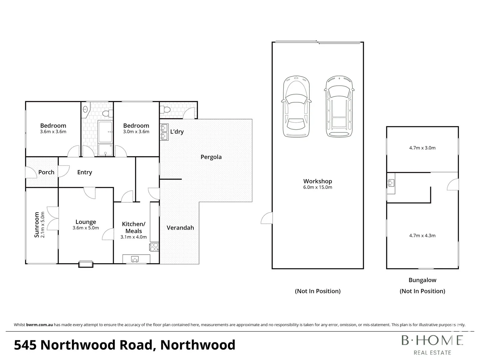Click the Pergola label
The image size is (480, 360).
click(x=211, y=157)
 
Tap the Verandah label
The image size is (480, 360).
click(x=180, y=228)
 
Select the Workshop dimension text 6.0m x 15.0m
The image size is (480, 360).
click(x=318, y=187)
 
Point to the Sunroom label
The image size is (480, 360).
click(x=37, y=225)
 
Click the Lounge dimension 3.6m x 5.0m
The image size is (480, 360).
click(x=86, y=228)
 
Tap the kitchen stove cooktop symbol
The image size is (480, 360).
click(x=154, y=247)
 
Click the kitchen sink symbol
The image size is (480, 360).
click(x=135, y=259)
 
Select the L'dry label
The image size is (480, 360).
click(x=177, y=132)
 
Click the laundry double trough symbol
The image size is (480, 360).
click(x=164, y=131)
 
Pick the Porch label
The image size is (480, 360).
click(x=46, y=172)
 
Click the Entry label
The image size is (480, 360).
click(x=84, y=172)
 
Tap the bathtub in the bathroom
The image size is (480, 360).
click(x=105, y=132)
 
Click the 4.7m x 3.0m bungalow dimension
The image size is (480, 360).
click(x=422, y=148)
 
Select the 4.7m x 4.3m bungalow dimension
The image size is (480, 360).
click(x=422, y=236)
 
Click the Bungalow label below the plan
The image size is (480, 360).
click(x=422, y=280)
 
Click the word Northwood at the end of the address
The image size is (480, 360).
click(x=198, y=345)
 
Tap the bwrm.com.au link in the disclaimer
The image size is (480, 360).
click(x=39, y=325)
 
